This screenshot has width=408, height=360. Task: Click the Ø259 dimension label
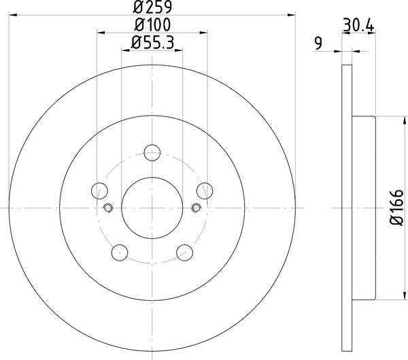click(152, 8)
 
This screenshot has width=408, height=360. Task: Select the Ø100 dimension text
click(152, 26)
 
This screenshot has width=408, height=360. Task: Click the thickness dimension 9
click(318, 45)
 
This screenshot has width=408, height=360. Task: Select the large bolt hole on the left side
click(99, 190)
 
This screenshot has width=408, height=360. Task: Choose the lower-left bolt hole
click(120, 251)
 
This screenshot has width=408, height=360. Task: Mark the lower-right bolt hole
click(184, 251)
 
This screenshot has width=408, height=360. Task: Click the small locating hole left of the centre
click(107, 208)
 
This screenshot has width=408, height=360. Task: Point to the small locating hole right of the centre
click(197, 208)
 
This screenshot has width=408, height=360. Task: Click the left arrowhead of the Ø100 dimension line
click(100, 31)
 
